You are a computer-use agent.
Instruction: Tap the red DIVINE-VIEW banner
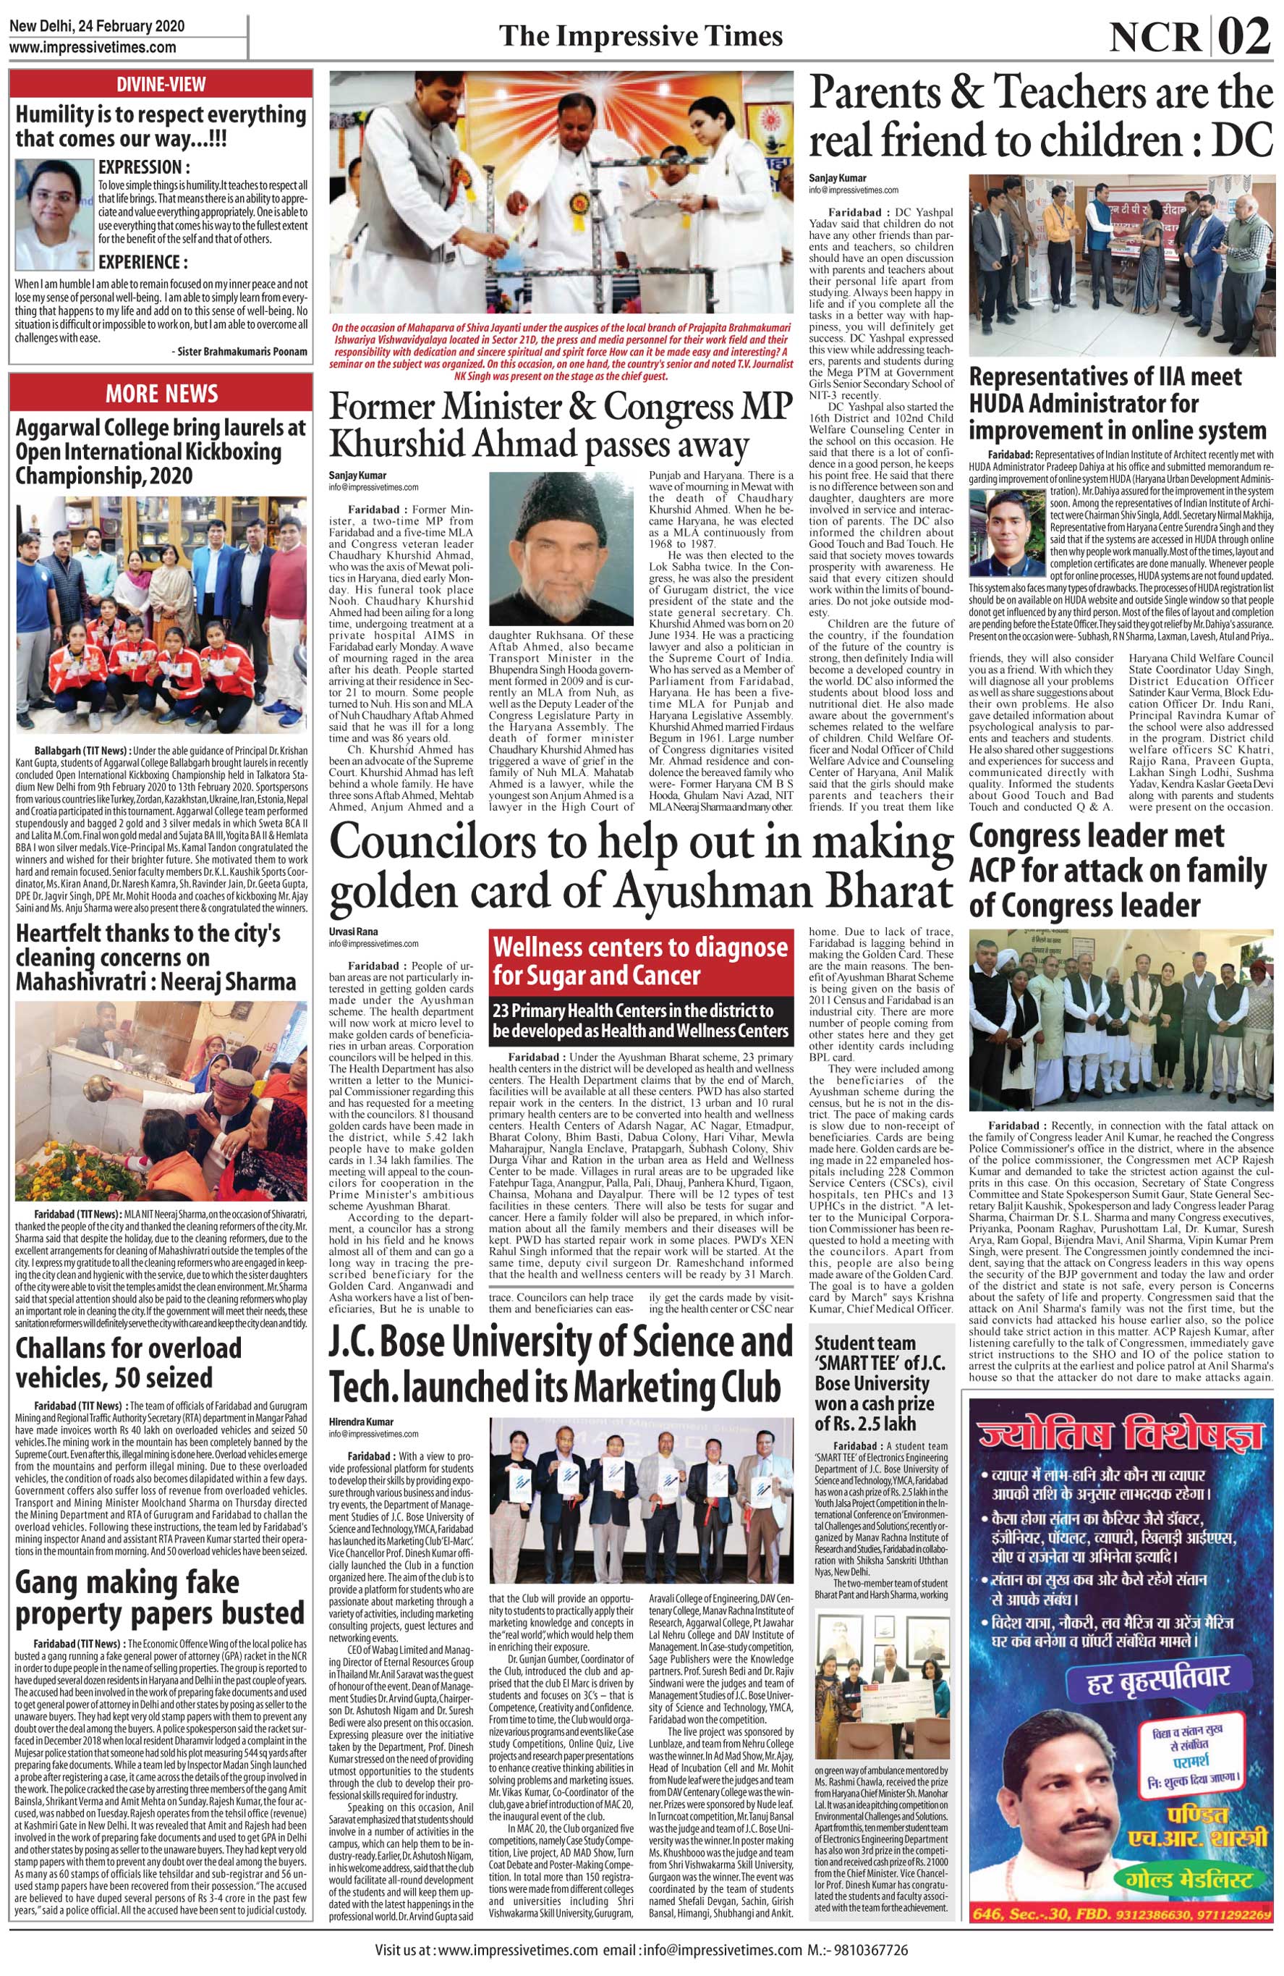[161, 84]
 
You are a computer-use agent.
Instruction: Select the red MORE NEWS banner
[161, 393]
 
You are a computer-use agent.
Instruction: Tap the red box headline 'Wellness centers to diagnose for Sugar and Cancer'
[640, 961]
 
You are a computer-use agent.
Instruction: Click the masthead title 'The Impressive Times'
[640, 36]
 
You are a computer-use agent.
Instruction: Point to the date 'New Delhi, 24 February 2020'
[96, 26]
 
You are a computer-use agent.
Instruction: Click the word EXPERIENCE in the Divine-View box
[142, 262]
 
